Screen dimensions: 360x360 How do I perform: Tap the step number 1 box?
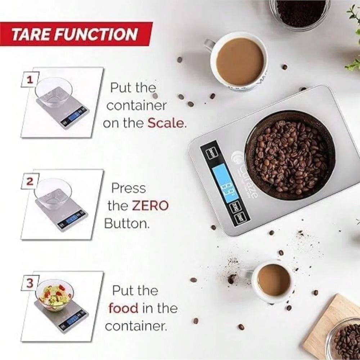click(30, 80)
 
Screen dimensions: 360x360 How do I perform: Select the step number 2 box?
click(30, 181)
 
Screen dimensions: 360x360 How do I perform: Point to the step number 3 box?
click(30, 283)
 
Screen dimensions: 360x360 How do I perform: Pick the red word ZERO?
click(150, 206)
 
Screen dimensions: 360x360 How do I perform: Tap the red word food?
click(123, 308)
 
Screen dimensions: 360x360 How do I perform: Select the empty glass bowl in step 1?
click(54, 91)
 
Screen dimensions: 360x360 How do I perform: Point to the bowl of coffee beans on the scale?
click(290, 155)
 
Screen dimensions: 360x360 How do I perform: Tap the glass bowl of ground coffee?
click(299, 13)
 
